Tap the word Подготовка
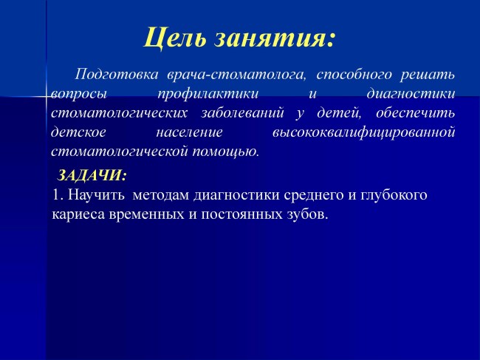[x=117, y=75]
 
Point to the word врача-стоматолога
[x=236, y=75]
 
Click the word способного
[x=354, y=75]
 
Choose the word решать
[x=428, y=75]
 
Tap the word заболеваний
[x=242, y=113]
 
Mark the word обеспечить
[x=416, y=113]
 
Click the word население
[x=190, y=132]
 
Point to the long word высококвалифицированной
[x=363, y=132]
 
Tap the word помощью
[x=226, y=152]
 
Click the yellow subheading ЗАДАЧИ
[x=92, y=175]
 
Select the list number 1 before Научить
[x=58, y=195]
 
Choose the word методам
[x=161, y=195]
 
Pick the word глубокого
[x=394, y=195]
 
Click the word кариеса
[x=79, y=214]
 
